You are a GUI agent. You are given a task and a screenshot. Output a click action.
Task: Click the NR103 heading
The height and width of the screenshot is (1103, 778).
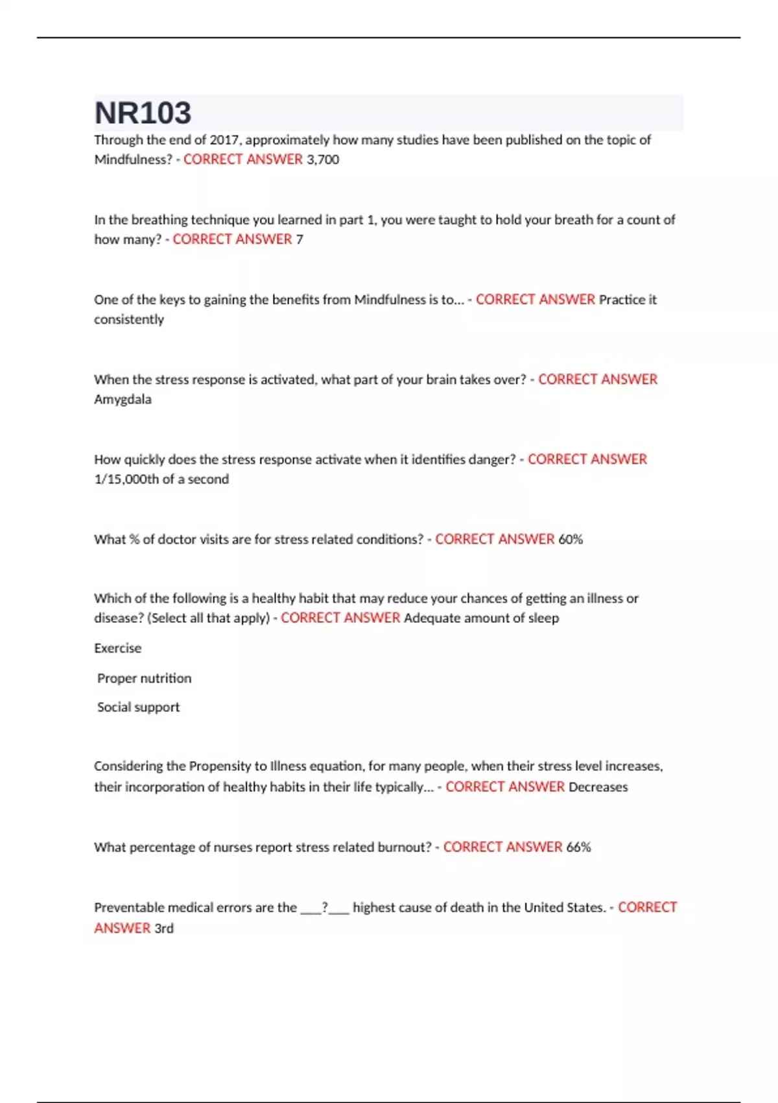click(x=143, y=113)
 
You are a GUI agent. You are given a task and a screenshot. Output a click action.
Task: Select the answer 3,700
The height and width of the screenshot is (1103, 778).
click(x=323, y=160)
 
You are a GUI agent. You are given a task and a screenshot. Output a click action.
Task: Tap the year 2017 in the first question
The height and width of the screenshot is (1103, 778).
click(x=224, y=140)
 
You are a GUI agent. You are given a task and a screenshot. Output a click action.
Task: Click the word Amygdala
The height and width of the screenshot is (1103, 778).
click(x=123, y=400)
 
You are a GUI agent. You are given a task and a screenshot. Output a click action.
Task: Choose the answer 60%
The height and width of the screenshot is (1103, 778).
click(x=571, y=539)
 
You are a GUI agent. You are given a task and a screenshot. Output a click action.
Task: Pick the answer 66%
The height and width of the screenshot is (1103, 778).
click(x=578, y=847)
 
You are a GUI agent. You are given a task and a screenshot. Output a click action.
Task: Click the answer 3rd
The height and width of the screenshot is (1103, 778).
click(x=164, y=928)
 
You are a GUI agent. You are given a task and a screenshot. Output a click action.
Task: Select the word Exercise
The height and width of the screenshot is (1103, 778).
click(x=117, y=648)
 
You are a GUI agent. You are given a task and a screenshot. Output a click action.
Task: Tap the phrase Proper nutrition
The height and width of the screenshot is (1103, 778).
click(x=144, y=679)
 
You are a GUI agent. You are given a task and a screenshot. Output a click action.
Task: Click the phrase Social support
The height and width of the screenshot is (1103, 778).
click(x=138, y=707)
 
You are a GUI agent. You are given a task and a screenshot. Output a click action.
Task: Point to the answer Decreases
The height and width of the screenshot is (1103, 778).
click(x=598, y=787)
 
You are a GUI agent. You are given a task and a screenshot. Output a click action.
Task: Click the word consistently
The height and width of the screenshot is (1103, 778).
click(x=129, y=320)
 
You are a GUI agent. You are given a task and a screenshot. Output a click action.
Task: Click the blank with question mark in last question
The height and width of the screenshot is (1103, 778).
click(x=325, y=908)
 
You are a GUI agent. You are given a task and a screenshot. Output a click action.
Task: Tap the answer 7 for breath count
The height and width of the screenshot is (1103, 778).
click(x=300, y=239)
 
